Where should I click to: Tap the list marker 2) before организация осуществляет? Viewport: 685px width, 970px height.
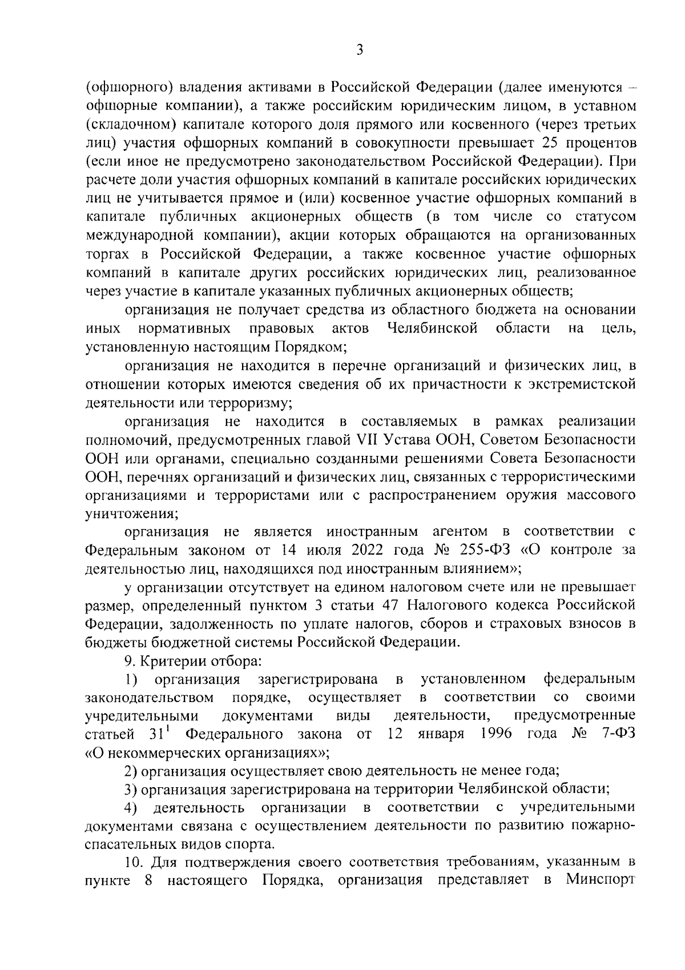point(131,771)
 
